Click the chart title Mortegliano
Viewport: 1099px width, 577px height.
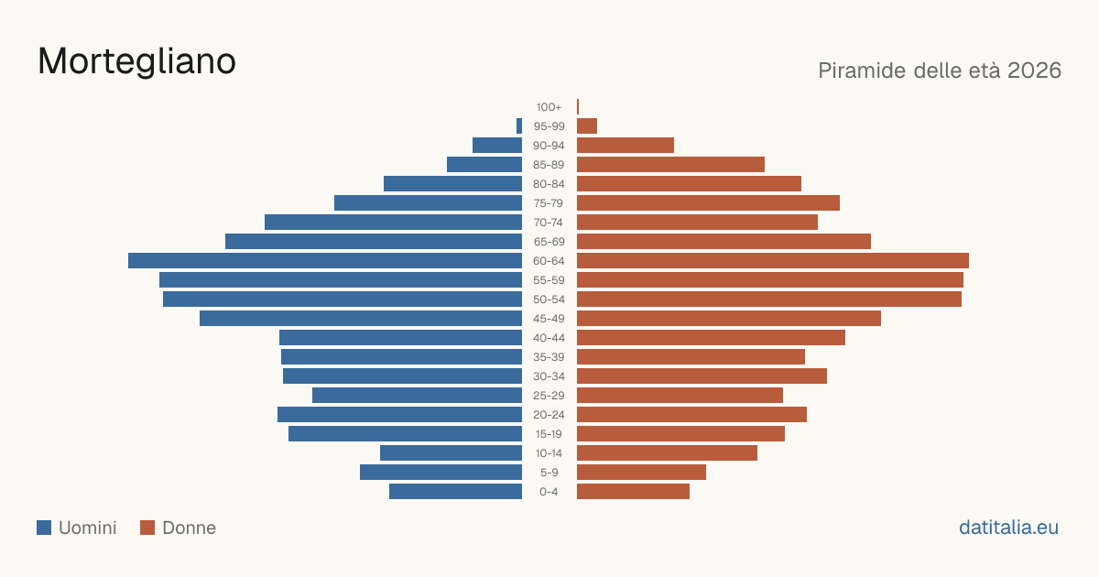(136, 61)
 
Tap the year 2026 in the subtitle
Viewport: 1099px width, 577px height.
(1034, 71)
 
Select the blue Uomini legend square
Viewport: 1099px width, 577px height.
(44, 528)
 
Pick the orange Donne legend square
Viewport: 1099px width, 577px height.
(147, 528)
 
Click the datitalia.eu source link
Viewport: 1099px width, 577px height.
(1008, 528)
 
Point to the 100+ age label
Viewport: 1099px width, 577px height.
(549, 107)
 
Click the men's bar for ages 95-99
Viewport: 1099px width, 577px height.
(519, 126)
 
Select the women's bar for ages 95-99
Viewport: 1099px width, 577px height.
(587, 126)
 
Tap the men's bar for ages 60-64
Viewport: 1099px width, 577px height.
(325, 260)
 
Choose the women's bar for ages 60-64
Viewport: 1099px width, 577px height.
(773, 260)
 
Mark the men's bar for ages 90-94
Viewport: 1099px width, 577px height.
(497, 146)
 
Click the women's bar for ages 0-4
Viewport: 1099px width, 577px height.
(633, 492)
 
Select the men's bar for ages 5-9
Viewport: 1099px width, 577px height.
(441, 473)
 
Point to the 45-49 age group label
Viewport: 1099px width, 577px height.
(549, 319)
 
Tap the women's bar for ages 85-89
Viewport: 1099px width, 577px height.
(670, 164)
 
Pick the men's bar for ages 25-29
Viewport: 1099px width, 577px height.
(417, 396)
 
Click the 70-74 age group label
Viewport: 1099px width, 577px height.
(549, 223)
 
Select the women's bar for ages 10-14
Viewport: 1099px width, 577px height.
(668, 452)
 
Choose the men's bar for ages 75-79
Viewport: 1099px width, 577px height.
(429, 203)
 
